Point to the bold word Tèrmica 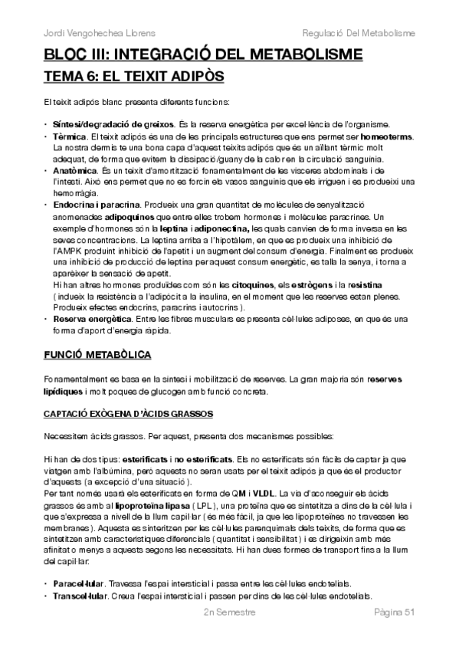pyautogui.click(x=70, y=136)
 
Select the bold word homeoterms pyautogui.click(x=385, y=136)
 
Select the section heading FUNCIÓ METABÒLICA pyautogui.click(x=97, y=356)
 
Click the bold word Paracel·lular pyautogui.click(x=75, y=582)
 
